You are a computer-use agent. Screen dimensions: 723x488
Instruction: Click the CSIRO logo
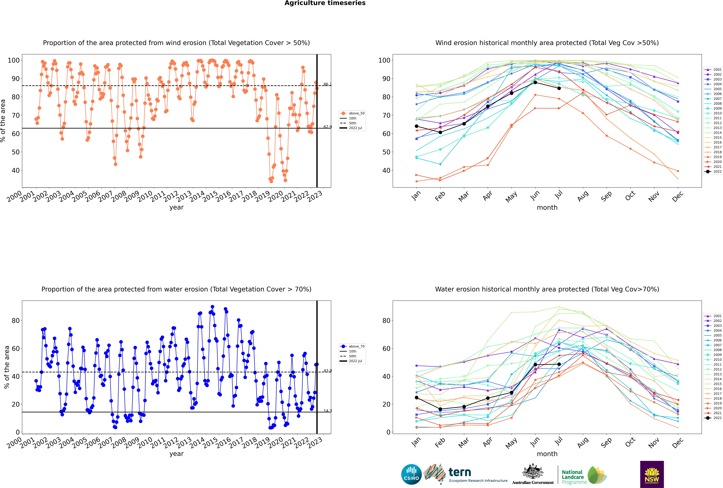[x=411, y=474]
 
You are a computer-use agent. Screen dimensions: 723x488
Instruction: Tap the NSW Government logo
[x=652, y=474]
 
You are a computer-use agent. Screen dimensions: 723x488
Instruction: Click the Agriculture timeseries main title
[x=325, y=3]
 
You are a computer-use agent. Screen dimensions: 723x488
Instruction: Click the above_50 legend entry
[x=352, y=113]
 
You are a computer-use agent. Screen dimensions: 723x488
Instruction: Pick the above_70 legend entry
[x=352, y=346]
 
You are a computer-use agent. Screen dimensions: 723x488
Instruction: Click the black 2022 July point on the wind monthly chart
[x=559, y=88]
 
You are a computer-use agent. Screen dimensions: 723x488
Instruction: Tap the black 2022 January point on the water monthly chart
[x=417, y=398]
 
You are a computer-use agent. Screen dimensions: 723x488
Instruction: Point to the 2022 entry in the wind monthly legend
[x=713, y=171]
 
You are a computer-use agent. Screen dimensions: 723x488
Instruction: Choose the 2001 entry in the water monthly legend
[x=713, y=316]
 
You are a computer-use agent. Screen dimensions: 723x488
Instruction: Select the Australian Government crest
[x=533, y=471]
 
